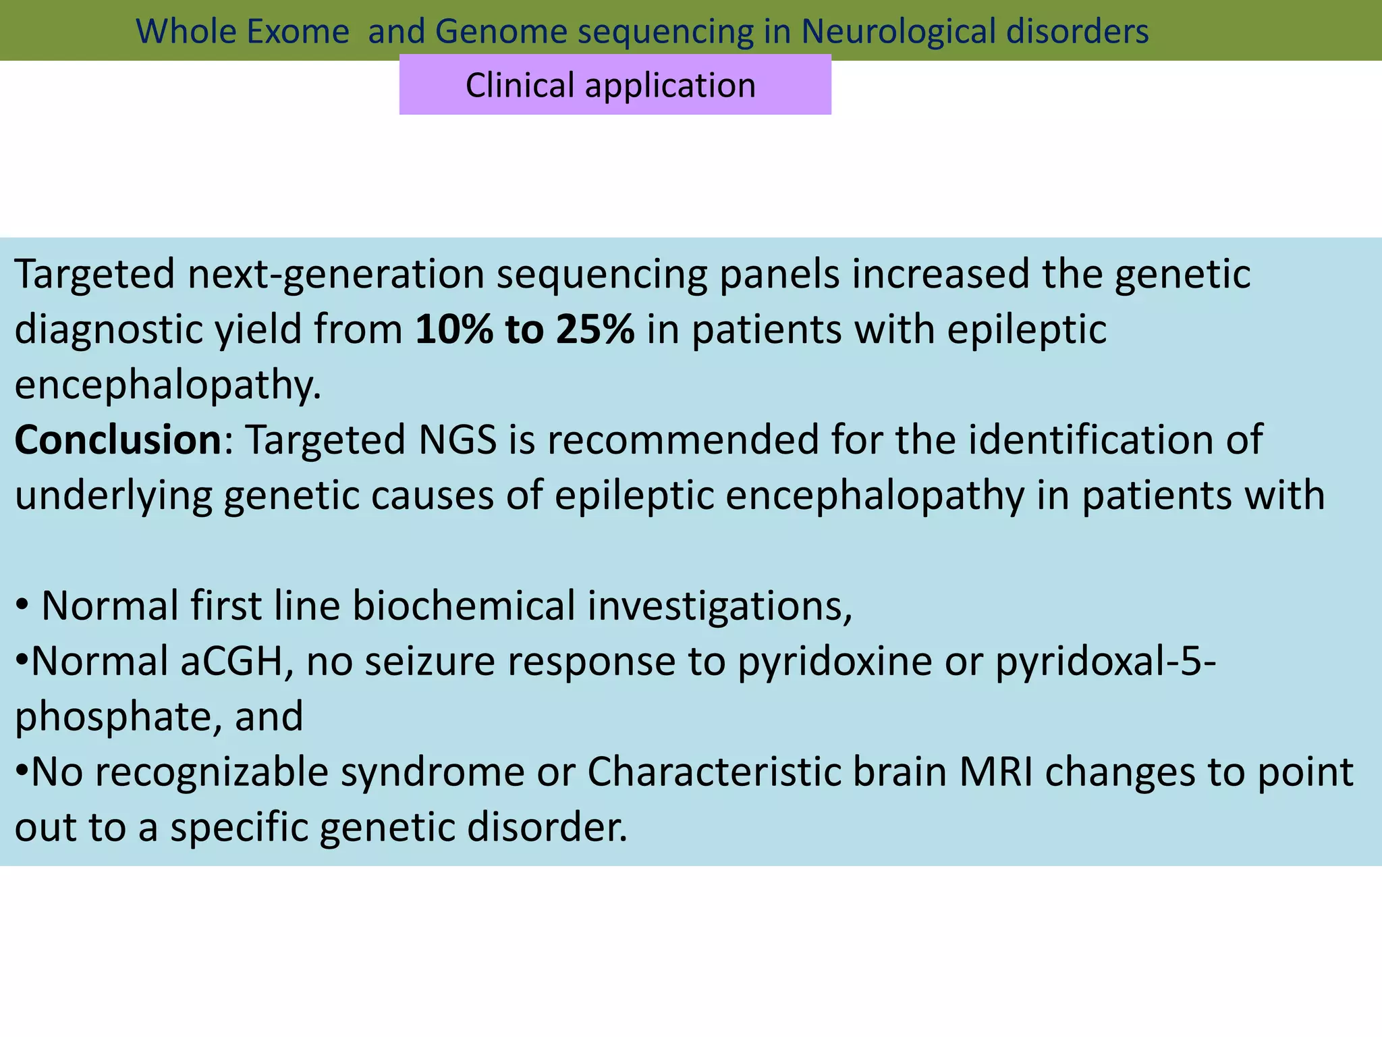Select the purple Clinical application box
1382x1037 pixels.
point(615,85)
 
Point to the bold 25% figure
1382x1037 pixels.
point(595,330)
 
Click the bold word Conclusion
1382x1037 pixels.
point(118,440)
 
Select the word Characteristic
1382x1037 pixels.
point(714,772)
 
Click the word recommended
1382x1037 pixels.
point(683,440)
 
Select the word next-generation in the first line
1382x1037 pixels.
point(336,275)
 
